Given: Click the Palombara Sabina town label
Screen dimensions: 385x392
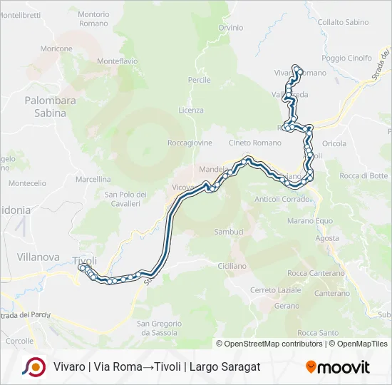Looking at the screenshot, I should (x=50, y=106).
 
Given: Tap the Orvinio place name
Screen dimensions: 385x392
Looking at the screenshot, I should (x=230, y=28).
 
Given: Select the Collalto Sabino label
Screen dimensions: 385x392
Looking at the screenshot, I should (x=344, y=22).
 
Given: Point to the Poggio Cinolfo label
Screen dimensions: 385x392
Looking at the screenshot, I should (x=347, y=58).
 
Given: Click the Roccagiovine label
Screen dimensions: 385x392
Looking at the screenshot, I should (x=189, y=143).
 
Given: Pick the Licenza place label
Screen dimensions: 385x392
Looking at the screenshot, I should (x=191, y=110).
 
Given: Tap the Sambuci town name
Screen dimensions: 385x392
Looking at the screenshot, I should (x=229, y=232).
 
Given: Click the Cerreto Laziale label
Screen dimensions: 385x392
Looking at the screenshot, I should (x=276, y=290).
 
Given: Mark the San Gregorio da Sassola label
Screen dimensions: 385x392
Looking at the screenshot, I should (x=159, y=328).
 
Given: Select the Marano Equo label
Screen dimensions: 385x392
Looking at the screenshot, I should (x=314, y=220).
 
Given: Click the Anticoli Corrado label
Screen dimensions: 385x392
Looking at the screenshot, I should (x=284, y=199).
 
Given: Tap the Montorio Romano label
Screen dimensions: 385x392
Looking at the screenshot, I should (x=93, y=19).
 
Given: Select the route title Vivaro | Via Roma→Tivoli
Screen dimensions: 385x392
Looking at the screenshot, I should (x=156, y=366).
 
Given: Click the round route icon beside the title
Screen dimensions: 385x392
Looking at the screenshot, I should (x=33, y=366).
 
